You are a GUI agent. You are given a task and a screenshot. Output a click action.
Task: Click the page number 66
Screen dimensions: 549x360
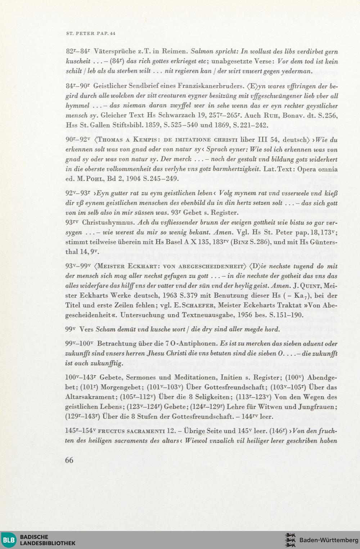point(69,460)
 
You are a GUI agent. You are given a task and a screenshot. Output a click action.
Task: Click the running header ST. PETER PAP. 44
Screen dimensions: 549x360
point(91,33)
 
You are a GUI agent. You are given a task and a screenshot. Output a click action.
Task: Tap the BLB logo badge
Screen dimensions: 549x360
point(9,540)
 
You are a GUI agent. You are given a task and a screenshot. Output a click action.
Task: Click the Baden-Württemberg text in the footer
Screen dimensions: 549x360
point(329,540)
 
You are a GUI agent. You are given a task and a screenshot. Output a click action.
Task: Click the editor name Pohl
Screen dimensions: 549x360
point(95,179)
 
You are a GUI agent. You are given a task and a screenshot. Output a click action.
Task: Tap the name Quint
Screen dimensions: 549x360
point(310,286)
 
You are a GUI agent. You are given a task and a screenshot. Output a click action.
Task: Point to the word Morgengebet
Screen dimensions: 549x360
point(122,387)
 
